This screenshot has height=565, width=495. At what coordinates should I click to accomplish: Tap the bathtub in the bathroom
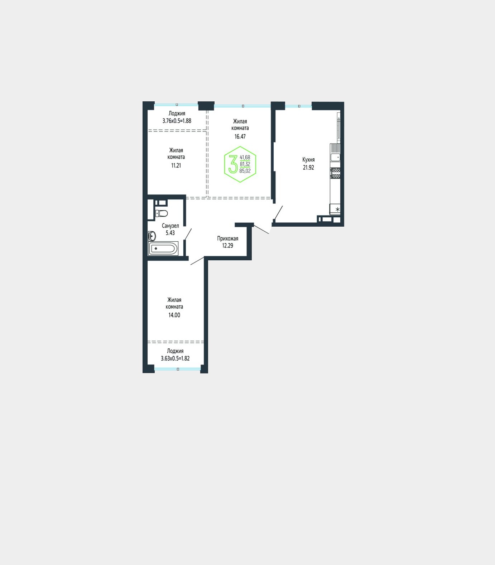tap(164, 248)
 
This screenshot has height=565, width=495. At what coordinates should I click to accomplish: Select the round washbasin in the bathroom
tap(152, 236)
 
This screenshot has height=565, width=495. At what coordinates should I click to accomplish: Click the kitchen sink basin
tap(335, 157)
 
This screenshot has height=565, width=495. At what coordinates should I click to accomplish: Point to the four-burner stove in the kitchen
tap(336, 173)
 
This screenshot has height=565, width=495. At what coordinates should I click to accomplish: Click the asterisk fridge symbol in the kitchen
tap(337, 209)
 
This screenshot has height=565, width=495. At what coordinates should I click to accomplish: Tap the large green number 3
tap(233, 164)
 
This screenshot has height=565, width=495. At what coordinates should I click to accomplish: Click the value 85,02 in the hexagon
tap(245, 171)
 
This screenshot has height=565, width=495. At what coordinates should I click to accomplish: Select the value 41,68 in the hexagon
tap(245, 157)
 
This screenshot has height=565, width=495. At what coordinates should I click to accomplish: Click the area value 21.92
tap(308, 167)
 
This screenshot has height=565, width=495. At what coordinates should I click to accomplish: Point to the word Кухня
tap(308, 160)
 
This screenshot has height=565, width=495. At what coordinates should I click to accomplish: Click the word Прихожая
tap(227, 238)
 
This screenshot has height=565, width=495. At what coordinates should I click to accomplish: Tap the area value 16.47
tap(240, 136)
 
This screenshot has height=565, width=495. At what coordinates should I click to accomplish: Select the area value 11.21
tap(176, 165)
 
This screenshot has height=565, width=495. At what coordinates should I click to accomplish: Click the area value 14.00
tap(174, 315)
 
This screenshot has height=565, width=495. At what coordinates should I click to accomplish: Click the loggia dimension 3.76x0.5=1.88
tap(177, 121)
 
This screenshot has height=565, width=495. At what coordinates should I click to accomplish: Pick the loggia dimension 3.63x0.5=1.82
tap(175, 358)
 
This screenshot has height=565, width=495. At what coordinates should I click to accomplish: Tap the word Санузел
tap(170, 226)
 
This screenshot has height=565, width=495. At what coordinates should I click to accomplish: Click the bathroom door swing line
tap(188, 234)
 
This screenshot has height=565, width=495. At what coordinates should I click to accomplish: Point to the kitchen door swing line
tap(278, 212)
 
